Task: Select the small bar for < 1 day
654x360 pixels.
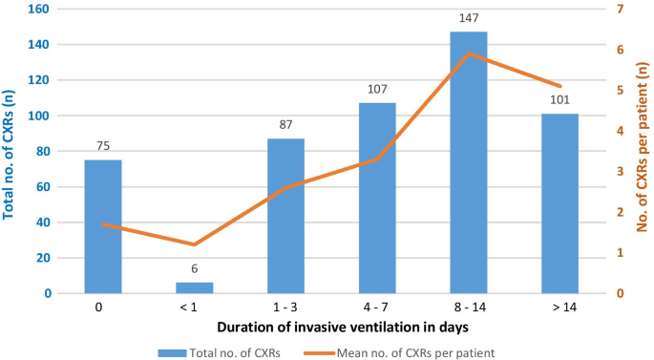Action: [x=195, y=287]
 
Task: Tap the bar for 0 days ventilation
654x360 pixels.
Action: [x=103, y=226]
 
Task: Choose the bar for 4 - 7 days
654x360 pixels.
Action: [x=377, y=198]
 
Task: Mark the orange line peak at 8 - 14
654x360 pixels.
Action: [x=468, y=53]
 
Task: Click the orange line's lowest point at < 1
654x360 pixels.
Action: [x=195, y=244]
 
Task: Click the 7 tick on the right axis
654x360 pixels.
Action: [x=619, y=9]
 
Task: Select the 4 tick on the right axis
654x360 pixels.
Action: [x=619, y=131]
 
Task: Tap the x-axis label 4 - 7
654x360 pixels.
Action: [x=377, y=307]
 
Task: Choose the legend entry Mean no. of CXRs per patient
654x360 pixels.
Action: [x=415, y=351]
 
